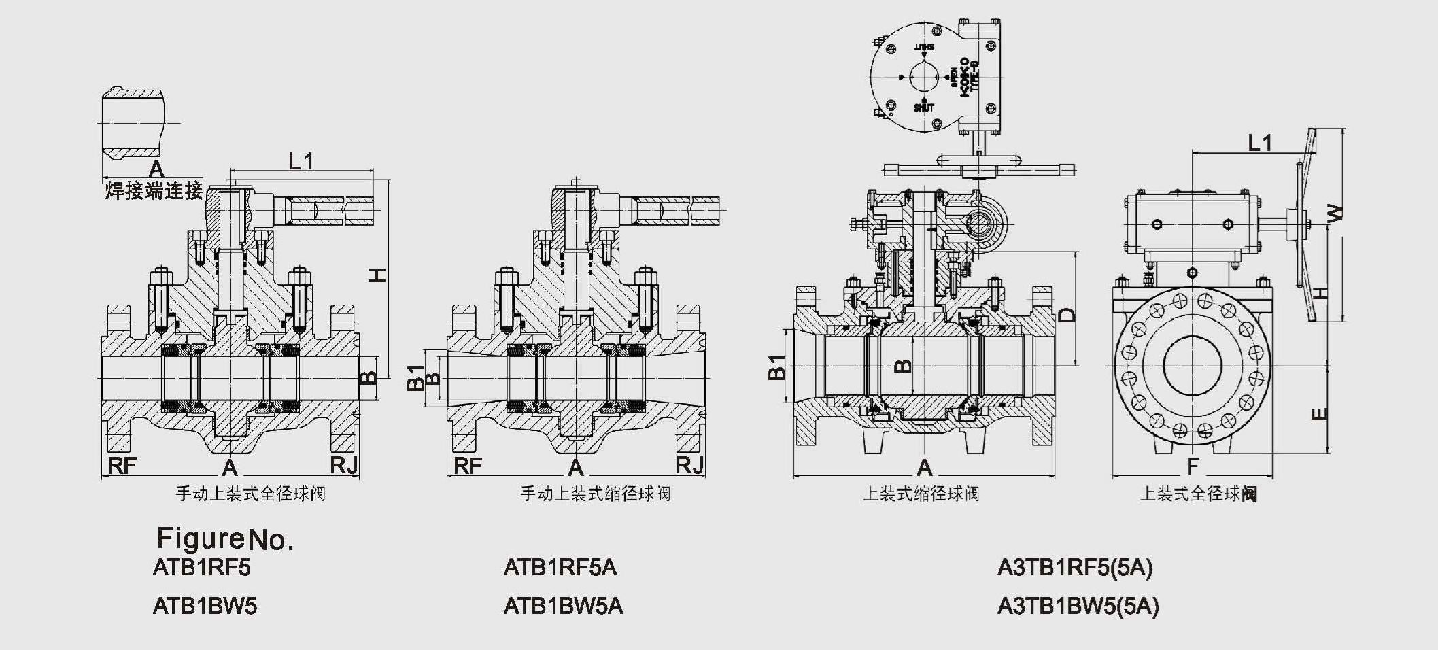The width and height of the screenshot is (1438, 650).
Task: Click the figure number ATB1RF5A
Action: click(560, 567)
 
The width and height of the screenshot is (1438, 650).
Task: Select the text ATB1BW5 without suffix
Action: click(205, 606)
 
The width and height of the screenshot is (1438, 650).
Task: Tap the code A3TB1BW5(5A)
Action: click(1077, 606)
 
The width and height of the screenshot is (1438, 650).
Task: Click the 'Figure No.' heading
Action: click(225, 539)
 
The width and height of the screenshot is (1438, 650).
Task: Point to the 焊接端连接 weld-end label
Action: click(154, 191)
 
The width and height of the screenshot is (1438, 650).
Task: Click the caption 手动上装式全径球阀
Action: click(251, 494)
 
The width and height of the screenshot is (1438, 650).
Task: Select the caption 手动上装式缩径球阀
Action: click(596, 494)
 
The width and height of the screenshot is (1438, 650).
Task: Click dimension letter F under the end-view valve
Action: click(1192, 466)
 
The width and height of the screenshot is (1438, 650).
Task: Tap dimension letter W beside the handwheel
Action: click(1335, 213)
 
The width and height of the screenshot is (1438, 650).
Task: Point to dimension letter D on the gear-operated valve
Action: click(1068, 315)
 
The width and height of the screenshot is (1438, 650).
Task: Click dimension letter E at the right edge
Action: click(1318, 413)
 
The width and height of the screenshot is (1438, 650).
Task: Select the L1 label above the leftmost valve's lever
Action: click(301, 161)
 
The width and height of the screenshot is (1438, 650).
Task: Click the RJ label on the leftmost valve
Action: click(343, 466)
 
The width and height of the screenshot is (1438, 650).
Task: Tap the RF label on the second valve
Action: click(467, 466)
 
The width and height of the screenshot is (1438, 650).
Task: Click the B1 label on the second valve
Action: click(415, 378)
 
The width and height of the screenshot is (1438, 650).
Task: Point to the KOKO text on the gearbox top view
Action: click(964, 78)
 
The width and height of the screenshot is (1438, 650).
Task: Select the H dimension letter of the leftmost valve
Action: click(377, 275)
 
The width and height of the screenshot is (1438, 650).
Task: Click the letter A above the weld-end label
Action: click(156, 169)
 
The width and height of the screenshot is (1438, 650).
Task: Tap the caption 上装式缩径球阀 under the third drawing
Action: click(921, 494)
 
